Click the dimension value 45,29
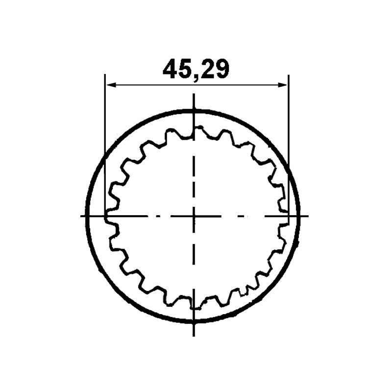[196, 69]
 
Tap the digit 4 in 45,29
[170, 69]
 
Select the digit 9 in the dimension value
[221, 69]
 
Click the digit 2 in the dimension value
[208, 69]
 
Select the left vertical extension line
[105, 147]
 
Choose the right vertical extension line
[289, 147]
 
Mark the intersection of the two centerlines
[195, 215]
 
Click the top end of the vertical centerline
[195, 95]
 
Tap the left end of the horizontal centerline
[81, 215]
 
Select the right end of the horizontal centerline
[308, 215]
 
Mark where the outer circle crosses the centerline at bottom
[195, 321]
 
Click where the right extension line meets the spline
[289, 214]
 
